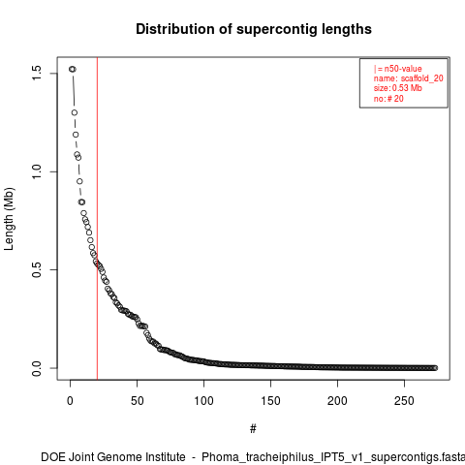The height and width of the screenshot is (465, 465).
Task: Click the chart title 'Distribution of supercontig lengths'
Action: click(x=254, y=29)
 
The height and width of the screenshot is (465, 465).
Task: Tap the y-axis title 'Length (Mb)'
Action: click(x=9, y=219)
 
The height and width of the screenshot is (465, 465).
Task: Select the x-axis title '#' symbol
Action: click(x=253, y=429)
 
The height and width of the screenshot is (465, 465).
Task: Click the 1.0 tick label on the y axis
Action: click(x=37, y=171)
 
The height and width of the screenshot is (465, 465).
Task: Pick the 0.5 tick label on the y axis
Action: click(x=37, y=269)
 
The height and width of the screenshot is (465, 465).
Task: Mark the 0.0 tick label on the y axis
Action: click(x=37, y=368)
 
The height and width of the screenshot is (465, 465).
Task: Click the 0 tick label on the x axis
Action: click(x=70, y=401)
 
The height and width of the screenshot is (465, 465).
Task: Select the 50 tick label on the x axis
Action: click(x=137, y=401)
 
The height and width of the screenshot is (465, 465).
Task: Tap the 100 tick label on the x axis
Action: click(x=203, y=401)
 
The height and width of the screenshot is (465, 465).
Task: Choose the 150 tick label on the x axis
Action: click(x=270, y=401)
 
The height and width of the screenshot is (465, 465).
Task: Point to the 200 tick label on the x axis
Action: click(x=337, y=401)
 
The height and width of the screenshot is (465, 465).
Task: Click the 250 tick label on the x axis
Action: click(x=404, y=401)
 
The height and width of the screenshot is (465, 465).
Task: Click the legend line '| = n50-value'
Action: click(x=398, y=69)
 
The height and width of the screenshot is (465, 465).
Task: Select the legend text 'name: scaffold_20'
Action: click(x=409, y=78)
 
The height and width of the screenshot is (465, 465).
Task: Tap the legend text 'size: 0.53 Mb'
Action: click(x=398, y=88)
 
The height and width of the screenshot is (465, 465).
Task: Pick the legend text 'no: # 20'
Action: click(x=388, y=99)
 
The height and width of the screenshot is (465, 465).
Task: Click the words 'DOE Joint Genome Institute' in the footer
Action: click(x=113, y=457)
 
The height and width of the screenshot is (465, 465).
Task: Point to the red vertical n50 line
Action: click(x=97, y=218)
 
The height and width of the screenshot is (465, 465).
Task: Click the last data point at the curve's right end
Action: click(x=435, y=368)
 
